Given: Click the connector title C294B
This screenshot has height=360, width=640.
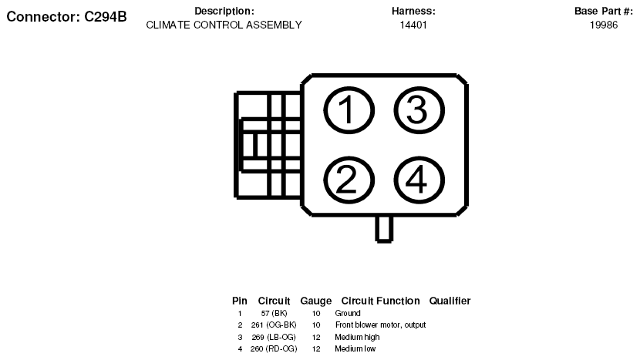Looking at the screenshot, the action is (x=66, y=17).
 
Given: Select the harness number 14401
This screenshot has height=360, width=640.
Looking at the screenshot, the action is (x=413, y=25).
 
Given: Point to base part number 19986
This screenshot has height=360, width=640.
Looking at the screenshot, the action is (x=604, y=25).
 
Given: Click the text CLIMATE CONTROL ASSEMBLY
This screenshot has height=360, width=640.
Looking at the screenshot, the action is (x=224, y=25).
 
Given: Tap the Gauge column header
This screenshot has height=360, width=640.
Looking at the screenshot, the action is (x=316, y=301).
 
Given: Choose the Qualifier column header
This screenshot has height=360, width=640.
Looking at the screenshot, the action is (x=450, y=301).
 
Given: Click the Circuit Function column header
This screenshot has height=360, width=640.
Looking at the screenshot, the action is (x=380, y=301).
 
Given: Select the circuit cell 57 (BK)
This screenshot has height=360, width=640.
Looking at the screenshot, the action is (x=274, y=314).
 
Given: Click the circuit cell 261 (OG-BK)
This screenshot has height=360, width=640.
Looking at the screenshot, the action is (x=274, y=325).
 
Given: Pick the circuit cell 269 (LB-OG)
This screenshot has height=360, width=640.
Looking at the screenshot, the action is (x=274, y=337).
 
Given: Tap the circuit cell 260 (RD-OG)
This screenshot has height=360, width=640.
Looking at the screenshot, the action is (x=274, y=349).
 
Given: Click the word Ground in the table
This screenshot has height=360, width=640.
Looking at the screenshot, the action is (x=348, y=313).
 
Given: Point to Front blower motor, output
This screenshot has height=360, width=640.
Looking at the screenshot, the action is (x=380, y=325).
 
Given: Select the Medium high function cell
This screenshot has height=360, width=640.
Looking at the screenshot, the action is (x=357, y=337).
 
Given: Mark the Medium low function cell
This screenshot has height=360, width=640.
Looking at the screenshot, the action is (x=355, y=349).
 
